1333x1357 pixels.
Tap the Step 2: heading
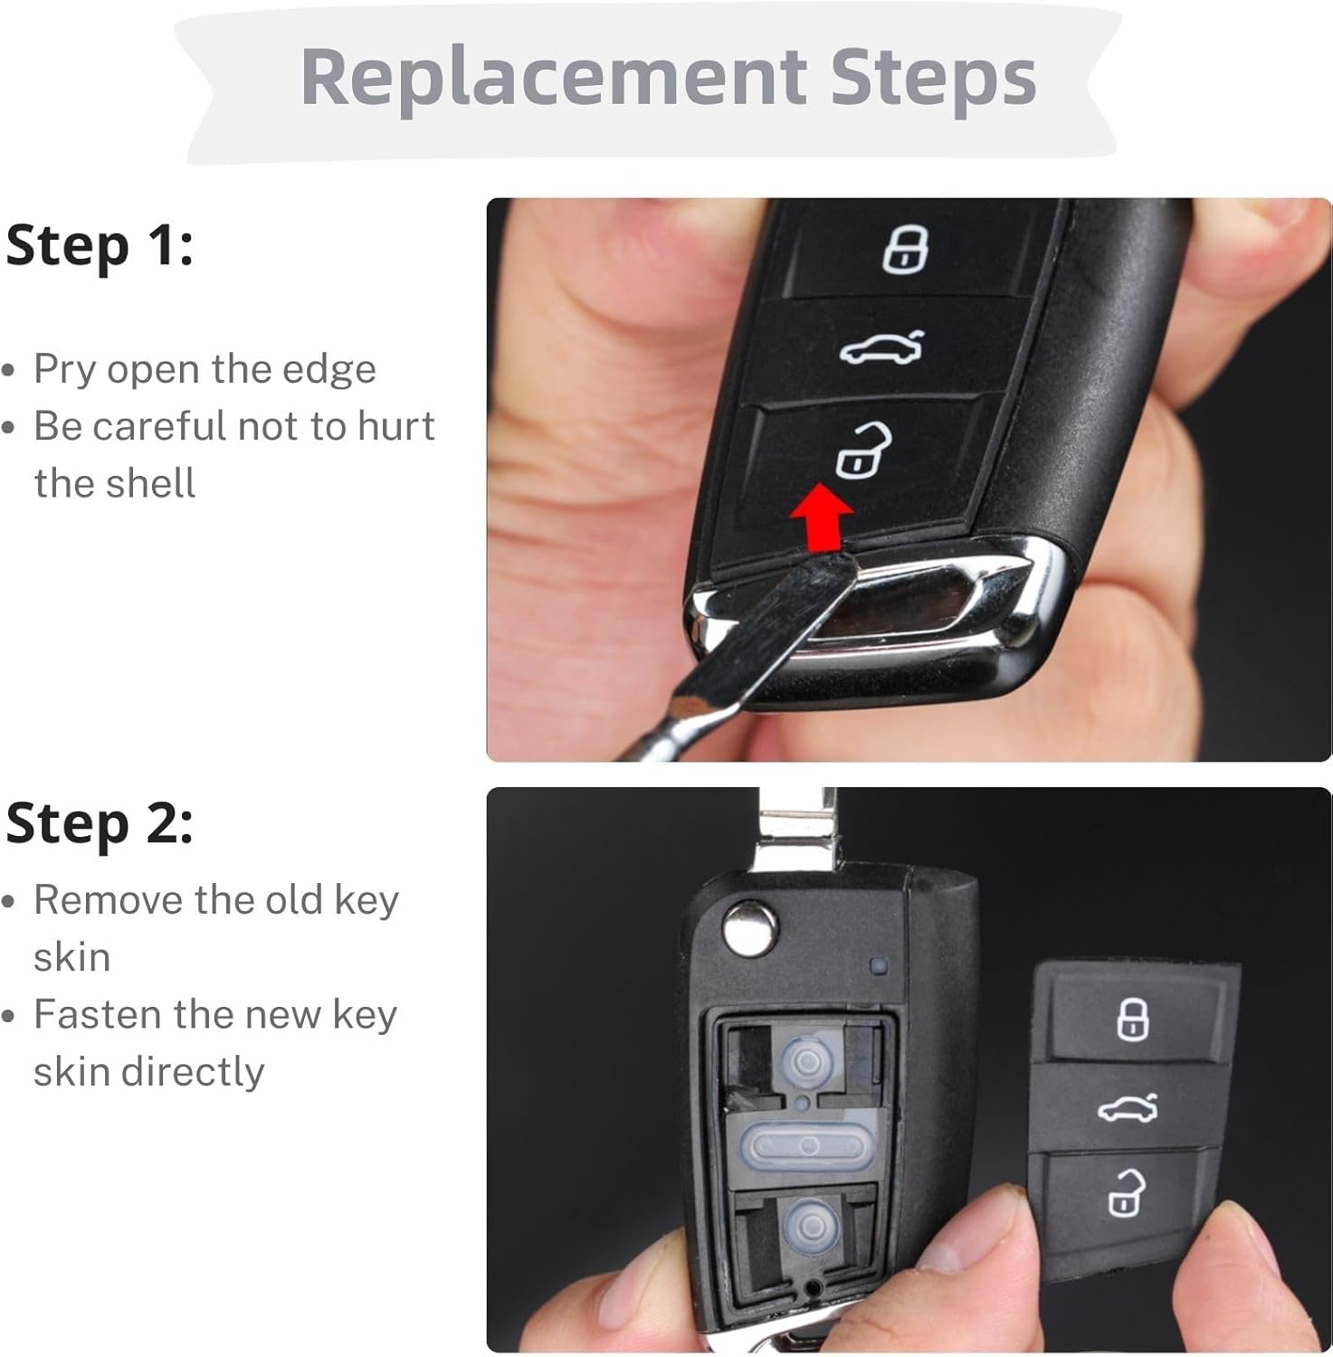pos(100,823)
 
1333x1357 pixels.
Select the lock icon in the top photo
pos(906,249)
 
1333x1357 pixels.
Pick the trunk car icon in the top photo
pos(882,347)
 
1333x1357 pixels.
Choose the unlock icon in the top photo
pos(862,449)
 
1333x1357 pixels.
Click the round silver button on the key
pos(750,927)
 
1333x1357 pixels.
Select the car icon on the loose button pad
pos(1128,1107)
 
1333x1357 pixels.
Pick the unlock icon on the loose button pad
pos(1126,1191)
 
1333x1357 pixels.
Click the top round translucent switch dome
pos(808,1060)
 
